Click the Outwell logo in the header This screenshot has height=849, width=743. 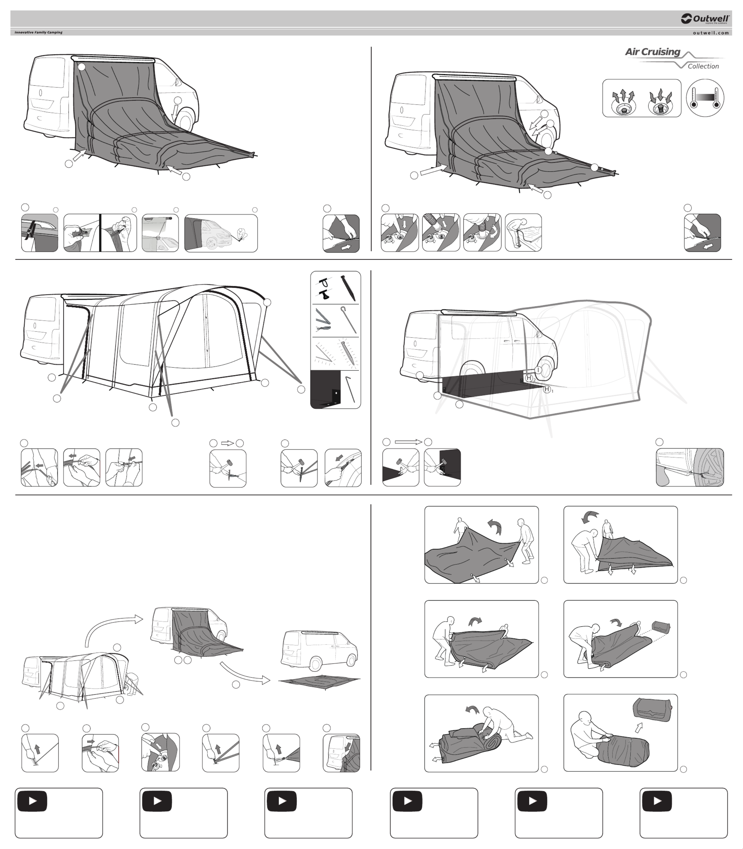click(x=705, y=19)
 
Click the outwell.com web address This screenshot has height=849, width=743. click(x=711, y=33)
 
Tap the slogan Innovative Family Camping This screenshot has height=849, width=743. click(x=39, y=32)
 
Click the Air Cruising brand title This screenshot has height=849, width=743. click(x=653, y=52)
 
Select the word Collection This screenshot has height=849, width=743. click(x=703, y=66)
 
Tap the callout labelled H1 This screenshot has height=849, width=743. click(x=548, y=389)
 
